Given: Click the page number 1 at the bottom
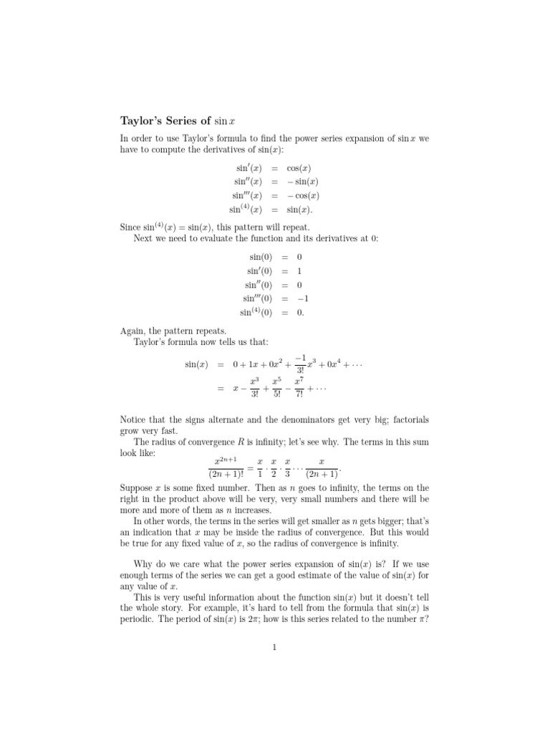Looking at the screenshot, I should (x=274, y=648).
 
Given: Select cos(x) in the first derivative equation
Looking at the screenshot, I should (x=299, y=169).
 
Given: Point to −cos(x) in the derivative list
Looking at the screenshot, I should (x=303, y=195).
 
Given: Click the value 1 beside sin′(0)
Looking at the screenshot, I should (x=289, y=271).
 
